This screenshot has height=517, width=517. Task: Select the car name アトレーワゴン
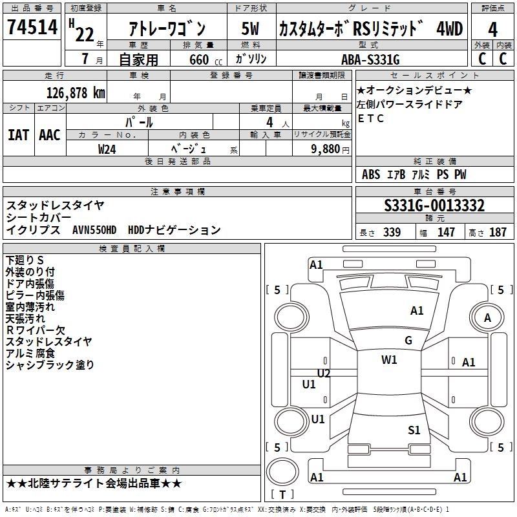(166, 28)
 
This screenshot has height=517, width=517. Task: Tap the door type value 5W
(250, 28)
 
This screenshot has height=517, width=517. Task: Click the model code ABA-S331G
(370, 59)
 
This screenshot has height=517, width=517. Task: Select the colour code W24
(107, 149)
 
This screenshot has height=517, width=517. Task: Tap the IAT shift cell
(18, 135)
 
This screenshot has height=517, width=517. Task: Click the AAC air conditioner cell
(50, 135)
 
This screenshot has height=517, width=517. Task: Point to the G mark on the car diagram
(408, 341)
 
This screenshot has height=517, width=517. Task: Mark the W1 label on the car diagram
(389, 360)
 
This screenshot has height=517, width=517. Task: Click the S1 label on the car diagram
(414, 430)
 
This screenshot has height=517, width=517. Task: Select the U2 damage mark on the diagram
(324, 374)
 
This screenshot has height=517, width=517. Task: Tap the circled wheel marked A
(487, 317)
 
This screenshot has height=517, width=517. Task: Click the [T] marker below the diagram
(282, 495)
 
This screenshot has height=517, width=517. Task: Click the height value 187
(498, 233)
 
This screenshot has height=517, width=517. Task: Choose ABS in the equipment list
(371, 174)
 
